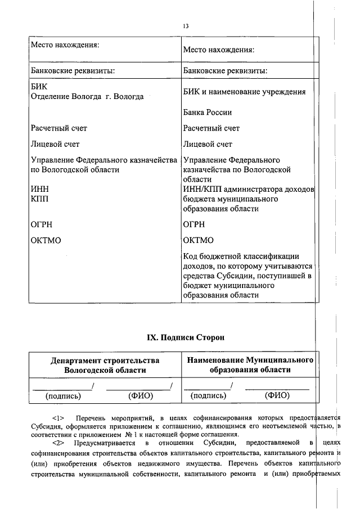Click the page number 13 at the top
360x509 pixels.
tap(186, 26)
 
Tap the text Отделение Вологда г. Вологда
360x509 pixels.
tap(87, 97)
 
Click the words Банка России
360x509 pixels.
tap(207, 112)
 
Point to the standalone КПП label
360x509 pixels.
tap(39, 199)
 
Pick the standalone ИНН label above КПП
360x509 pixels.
tap(39, 190)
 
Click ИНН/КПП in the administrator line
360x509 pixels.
tap(202, 190)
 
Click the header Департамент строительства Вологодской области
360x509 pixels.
tap(105, 365)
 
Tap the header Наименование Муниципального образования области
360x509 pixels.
tap(250, 364)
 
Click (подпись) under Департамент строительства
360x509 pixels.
tap(63, 396)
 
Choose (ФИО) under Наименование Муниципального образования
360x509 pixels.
tap(277, 396)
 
